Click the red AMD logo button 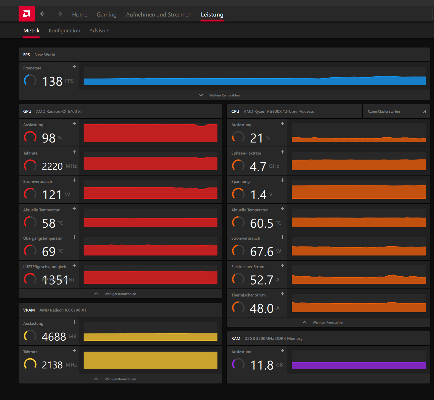(27, 14)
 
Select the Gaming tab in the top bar (107, 14)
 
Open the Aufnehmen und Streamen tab (159, 14)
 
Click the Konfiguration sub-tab (64, 30)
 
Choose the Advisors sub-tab (99, 30)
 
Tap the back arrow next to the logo (43, 14)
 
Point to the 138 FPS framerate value (53, 81)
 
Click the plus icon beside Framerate (74, 67)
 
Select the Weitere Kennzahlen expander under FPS (224, 95)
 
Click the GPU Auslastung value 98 (49, 138)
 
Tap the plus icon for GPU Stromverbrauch (74, 180)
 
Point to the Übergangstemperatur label (43, 238)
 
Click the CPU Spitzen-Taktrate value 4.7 (258, 166)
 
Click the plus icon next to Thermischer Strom (282, 294)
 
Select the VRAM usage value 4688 (54, 337)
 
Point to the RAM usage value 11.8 (262, 365)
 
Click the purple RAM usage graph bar (359, 366)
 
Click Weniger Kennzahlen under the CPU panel (328, 322)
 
